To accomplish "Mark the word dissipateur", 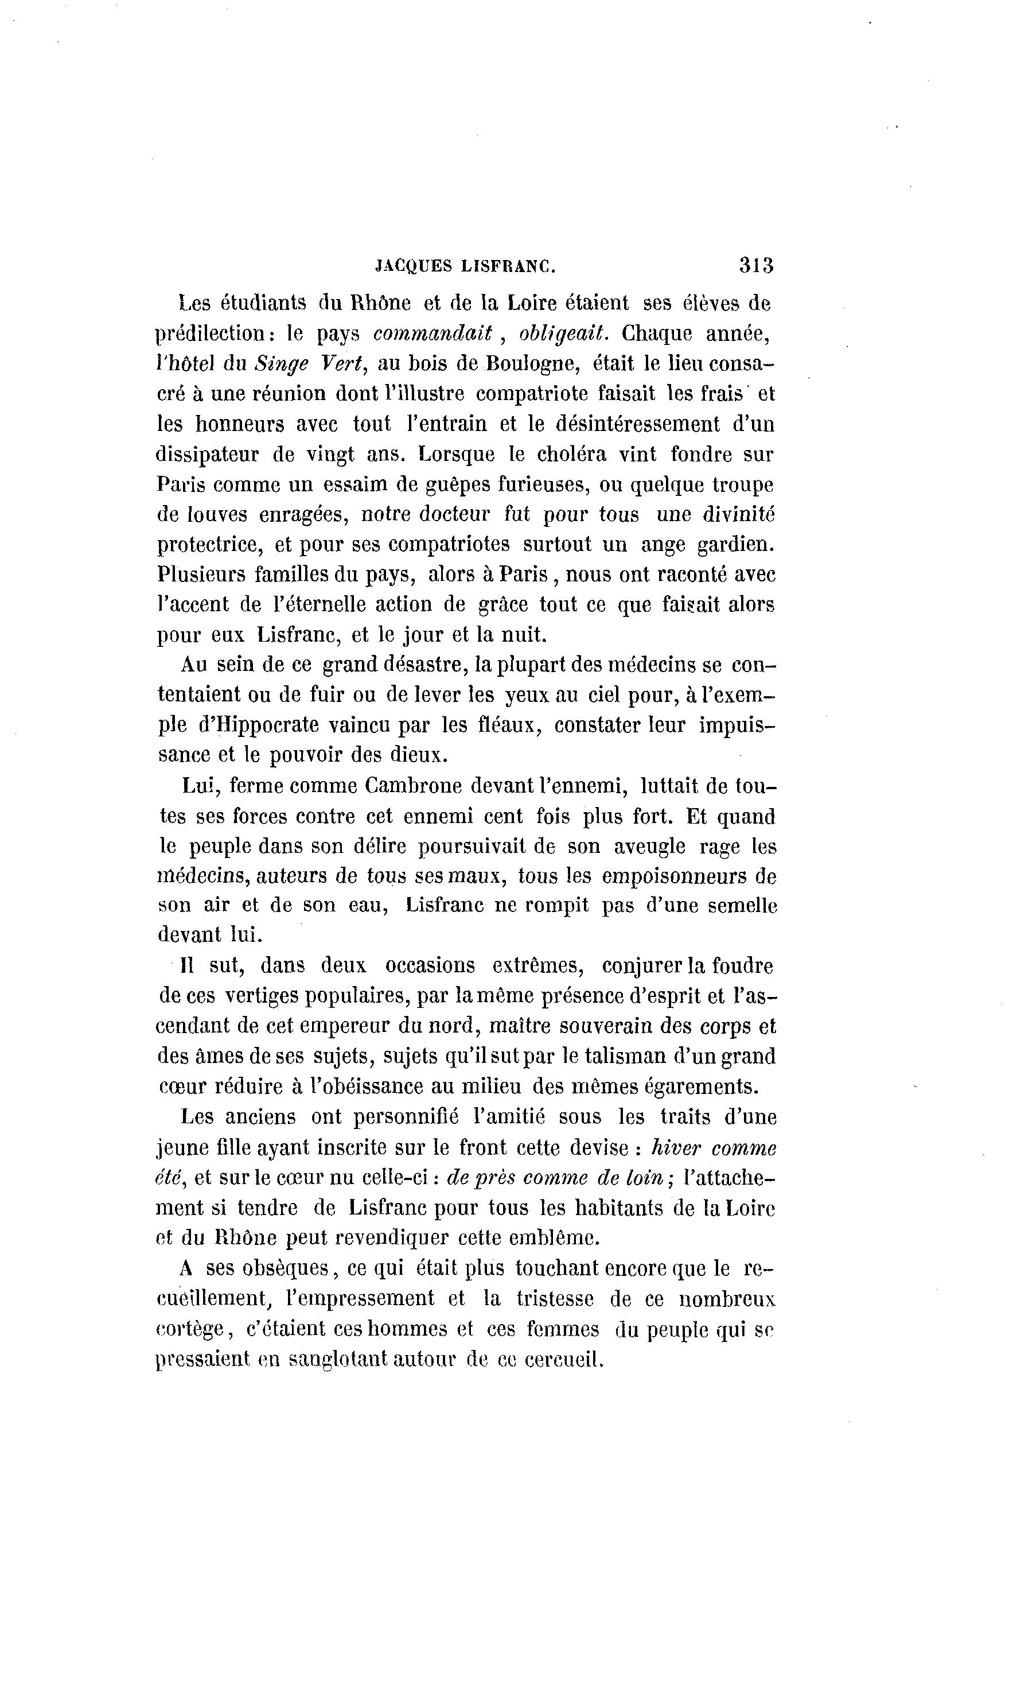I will coord(208,454).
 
